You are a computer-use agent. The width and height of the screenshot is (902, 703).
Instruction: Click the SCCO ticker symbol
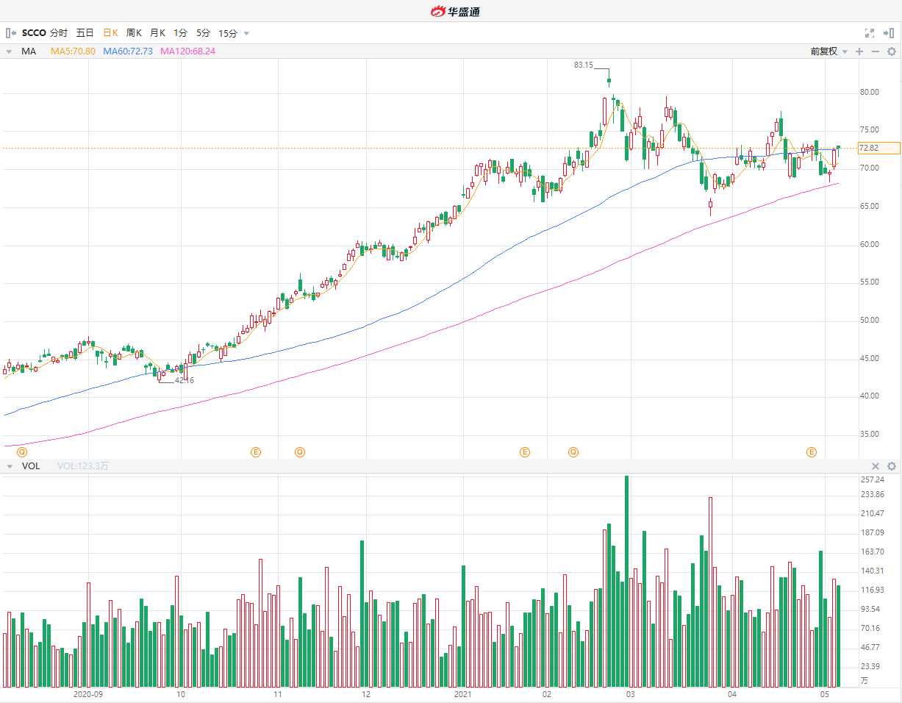(x=34, y=33)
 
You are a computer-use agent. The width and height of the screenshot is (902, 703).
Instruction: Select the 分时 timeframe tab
(x=59, y=33)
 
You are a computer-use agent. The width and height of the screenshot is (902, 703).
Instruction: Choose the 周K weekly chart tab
(x=134, y=33)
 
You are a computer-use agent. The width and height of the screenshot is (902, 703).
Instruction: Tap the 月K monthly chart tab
(x=157, y=33)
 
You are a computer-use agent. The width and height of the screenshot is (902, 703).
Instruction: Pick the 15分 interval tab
(x=228, y=33)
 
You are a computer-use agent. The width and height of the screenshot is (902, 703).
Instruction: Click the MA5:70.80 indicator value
(x=74, y=51)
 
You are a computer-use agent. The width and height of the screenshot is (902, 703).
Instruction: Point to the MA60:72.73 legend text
(x=128, y=51)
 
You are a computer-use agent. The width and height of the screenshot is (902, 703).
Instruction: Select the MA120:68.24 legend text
(x=187, y=51)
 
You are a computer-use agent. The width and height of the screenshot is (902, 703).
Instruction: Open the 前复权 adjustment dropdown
(x=828, y=51)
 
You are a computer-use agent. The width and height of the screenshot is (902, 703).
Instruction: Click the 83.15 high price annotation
(x=583, y=65)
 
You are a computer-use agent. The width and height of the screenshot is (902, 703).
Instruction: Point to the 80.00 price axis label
(x=870, y=93)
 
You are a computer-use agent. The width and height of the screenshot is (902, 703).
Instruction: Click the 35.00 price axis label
(x=870, y=435)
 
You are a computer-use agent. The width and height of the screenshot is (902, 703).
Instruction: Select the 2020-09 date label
(x=87, y=694)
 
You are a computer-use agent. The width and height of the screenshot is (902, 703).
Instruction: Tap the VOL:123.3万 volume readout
(x=83, y=466)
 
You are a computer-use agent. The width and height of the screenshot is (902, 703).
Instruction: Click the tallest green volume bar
(x=626, y=581)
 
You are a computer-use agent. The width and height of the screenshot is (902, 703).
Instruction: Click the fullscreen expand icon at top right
(x=870, y=33)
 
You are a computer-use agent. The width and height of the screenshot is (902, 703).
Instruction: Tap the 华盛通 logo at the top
(x=455, y=11)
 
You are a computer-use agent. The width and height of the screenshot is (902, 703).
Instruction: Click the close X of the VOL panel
(x=876, y=466)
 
